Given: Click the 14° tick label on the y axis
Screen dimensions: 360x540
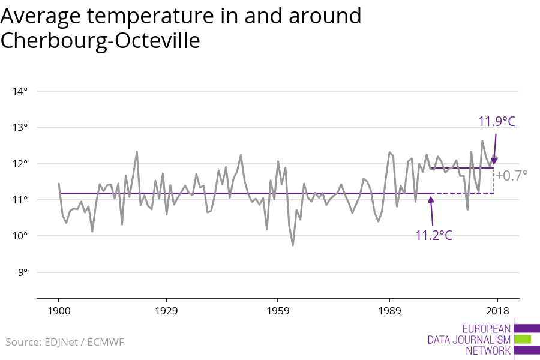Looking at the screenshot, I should click(20, 91).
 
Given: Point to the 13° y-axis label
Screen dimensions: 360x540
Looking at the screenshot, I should click(20, 127).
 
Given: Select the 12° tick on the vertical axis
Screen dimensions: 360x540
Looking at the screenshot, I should click(20, 163).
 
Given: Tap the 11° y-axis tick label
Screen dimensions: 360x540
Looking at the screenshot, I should click(20, 199).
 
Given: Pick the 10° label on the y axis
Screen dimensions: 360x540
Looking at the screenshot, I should click(20, 235).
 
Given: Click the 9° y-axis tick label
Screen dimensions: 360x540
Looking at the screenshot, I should click(22, 272).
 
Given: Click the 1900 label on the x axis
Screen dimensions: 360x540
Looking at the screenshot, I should click(59, 311).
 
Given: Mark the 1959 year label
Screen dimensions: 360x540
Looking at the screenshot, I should click(278, 311).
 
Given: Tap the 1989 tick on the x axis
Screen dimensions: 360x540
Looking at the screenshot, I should click(389, 311).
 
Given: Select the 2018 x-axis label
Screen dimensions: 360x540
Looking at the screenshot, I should click(497, 311).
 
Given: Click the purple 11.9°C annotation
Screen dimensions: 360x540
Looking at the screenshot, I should click(496, 121).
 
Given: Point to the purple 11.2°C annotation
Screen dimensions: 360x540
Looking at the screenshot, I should click(434, 235).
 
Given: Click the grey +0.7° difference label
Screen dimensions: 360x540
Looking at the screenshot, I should click(511, 176).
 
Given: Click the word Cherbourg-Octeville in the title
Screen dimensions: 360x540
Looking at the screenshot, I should click(100, 40).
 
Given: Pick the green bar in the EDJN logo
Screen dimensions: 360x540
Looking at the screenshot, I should click(523, 339).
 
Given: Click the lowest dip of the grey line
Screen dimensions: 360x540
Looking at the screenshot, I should click(293, 245).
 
